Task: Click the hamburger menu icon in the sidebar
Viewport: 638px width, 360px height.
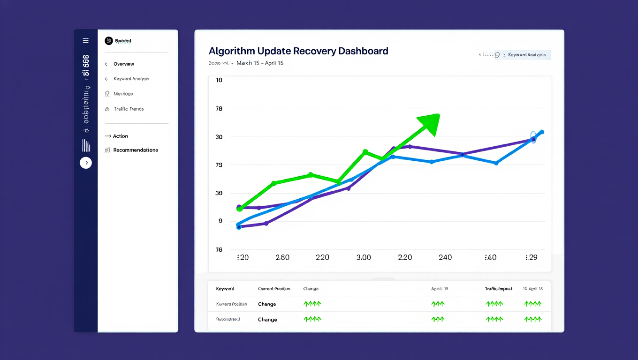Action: point(85,41)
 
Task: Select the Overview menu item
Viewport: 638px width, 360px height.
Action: point(123,64)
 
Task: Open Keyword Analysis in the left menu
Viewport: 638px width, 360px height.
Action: point(131,79)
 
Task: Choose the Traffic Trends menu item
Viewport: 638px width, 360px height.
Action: point(129,109)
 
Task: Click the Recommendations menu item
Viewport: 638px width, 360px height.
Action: point(135,150)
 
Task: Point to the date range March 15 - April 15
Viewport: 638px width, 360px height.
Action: point(259,63)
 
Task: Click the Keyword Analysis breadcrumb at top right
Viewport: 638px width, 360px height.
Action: point(526,55)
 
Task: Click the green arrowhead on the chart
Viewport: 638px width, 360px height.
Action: point(429,123)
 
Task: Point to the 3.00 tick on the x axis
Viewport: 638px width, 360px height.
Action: point(364,257)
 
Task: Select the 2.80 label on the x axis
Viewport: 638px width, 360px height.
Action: point(282,257)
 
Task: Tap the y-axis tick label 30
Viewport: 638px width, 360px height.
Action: point(219,137)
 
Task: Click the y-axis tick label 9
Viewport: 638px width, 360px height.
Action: point(220,221)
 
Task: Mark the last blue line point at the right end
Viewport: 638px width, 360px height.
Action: point(542,132)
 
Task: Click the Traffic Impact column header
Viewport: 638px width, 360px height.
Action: point(498,289)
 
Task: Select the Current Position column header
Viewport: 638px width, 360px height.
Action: point(274,289)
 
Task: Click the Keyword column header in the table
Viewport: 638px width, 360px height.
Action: point(225,289)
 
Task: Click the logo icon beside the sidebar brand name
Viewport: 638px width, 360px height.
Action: point(109,41)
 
